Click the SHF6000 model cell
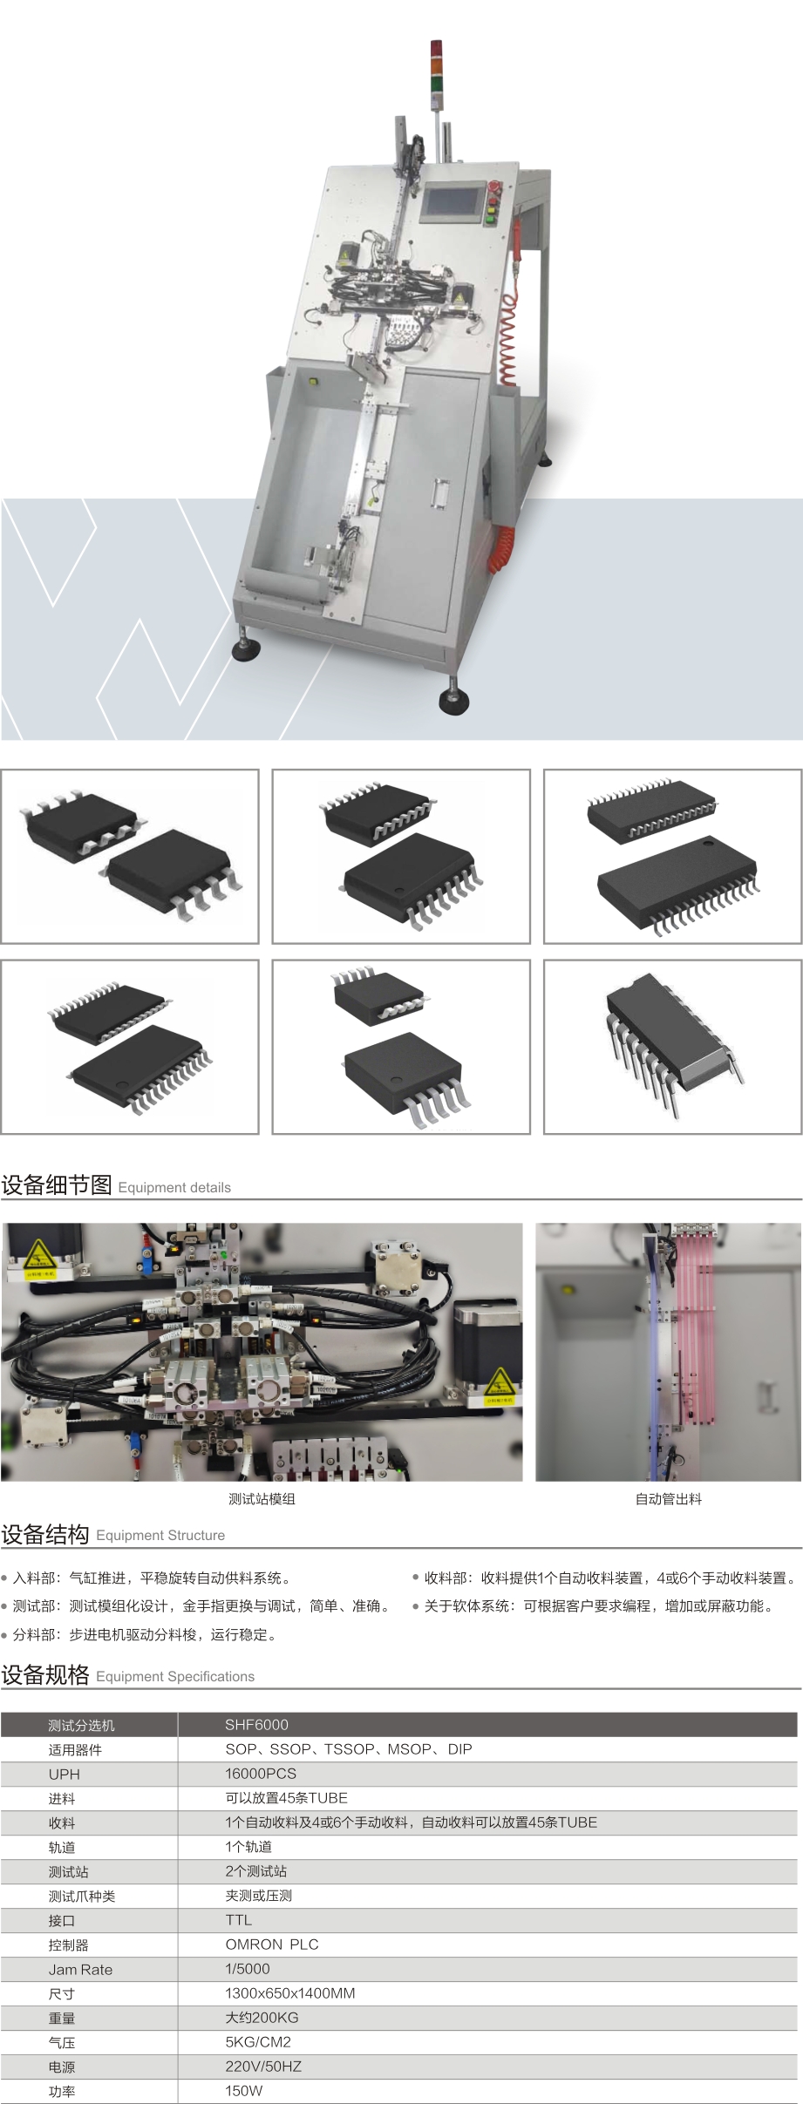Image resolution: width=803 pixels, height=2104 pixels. coord(256,1724)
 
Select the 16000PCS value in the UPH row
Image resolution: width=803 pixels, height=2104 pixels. coord(261,1773)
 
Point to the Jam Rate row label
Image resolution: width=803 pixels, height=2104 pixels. coord(80,1969)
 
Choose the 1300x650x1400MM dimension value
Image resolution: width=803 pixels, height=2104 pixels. coord(290,1992)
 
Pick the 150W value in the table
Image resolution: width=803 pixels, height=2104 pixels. coord(244,2090)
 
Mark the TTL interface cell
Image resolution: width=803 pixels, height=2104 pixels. coord(238,1919)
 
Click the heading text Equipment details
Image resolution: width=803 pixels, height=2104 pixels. coord(174,1187)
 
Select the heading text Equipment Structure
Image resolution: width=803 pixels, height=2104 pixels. coord(160,1535)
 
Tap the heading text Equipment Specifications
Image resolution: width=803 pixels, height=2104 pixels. coord(175,1676)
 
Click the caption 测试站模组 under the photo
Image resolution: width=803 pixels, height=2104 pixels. coord(262,1498)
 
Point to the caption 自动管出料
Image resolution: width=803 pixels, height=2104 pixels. coord(669,1498)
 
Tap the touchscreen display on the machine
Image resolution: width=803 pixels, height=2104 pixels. coord(453,201)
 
